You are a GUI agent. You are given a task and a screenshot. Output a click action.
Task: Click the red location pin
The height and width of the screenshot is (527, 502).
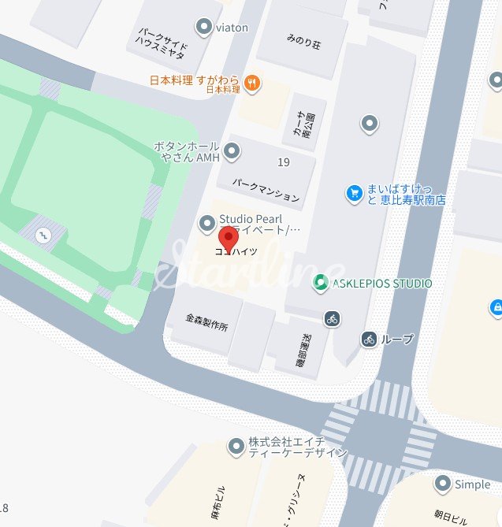(x=229, y=237)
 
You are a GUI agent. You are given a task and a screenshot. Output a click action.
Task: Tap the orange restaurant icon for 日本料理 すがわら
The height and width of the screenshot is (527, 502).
(x=252, y=81)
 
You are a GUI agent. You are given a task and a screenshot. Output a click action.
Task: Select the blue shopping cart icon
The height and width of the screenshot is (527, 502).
(x=355, y=191)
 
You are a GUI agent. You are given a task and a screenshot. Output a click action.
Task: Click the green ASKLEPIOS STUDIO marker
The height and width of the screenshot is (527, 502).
(x=321, y=283)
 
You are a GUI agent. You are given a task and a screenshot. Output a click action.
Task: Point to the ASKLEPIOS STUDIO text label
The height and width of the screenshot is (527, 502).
(x=382, y=284)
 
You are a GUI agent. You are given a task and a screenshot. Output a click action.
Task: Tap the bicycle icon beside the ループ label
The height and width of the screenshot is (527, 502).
(x=369, y=340)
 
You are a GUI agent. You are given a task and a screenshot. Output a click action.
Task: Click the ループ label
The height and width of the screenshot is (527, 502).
(x=396, y=340)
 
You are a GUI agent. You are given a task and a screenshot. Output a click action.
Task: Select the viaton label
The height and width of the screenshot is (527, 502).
(x=232, y=28)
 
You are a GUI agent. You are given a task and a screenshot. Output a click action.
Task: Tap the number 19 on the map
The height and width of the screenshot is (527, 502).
(x=284, y=162)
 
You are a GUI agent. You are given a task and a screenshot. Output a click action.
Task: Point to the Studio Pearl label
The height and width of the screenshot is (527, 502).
(x=251, y=219)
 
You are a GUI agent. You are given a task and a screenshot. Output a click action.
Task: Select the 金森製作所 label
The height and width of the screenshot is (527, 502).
(x=206, y=322)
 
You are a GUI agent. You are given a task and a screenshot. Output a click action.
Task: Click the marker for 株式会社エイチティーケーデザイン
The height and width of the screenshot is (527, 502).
(x=235, y=447)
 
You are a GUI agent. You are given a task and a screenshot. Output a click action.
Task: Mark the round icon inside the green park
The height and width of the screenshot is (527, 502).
(x=43, y=233)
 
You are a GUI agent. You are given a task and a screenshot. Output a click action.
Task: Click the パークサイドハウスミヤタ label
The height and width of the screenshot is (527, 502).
(x=163, y=46)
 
